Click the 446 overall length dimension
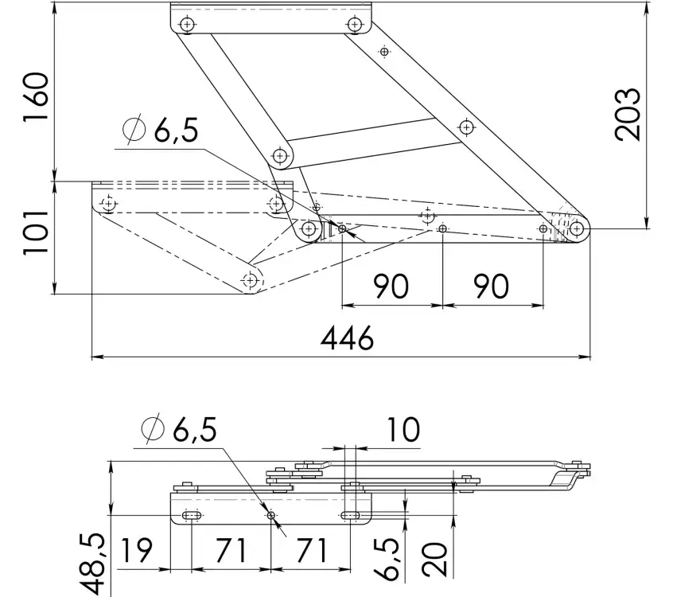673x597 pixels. point(347,338)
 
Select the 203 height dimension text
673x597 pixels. point(628,115)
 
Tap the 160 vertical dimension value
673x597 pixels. point(36,97)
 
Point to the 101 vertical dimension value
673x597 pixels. point(35,232)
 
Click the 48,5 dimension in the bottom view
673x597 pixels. point(91,564)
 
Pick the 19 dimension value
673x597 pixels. point(137,550)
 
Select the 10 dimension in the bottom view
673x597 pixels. point(403,430)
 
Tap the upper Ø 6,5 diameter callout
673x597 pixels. point(161,129)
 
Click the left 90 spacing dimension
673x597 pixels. point(391,286)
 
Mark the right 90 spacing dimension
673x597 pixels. point(492,286)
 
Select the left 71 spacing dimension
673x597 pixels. point(231,550)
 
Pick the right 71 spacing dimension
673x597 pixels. point(311,550)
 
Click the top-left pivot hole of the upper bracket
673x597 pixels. point(187,24)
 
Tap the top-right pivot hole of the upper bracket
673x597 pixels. point(354,24)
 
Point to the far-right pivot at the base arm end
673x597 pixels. point(577,228)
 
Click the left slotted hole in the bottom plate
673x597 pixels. point(192,515)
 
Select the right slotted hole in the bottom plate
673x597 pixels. point(351,515)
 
